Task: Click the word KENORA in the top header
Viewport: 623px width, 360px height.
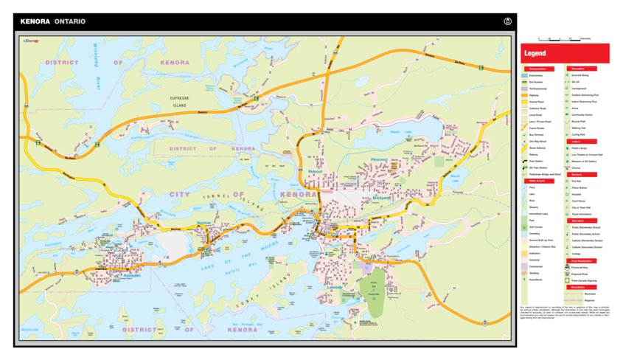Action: click(x=35, y=21)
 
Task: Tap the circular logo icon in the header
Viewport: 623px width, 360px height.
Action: click(x=507, y=21)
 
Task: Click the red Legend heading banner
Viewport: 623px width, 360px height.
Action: click(x=565, y=54)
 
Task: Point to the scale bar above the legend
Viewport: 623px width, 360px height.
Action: click(x=564, y=38)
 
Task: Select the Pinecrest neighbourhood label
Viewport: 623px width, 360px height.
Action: click(x=379, y=159)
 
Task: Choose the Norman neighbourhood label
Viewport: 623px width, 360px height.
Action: click(x=204, y=222)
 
